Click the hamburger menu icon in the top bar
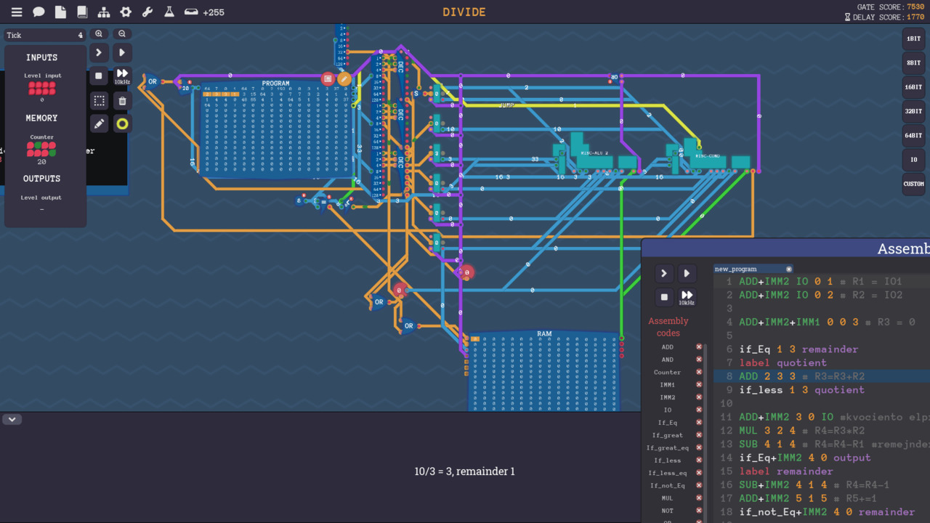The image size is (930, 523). click(x=16, y=12)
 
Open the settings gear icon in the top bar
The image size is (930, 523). click(x=126, y=12)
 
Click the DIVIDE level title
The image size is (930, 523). click(x=464, y=12)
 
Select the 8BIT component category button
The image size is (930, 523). click(x=913, y=62)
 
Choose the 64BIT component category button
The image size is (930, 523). click(x=913, y=135)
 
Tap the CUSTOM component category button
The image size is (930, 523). click(x=913, y=184)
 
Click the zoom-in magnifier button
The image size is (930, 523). click(x=99, y=34)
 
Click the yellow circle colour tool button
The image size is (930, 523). click(x=122, y=123)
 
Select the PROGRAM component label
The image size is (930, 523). click(x=275, y=84)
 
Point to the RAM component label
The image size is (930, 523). click(x=544, y=334)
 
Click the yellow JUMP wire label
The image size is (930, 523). click(x=507, y=105)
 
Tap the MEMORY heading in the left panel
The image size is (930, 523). click(x=42, y=118)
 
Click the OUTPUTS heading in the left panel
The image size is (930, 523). click(x=42, y=179)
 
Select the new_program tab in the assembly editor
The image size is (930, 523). click(x=735, y=269)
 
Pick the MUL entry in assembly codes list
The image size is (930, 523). click(x=668, y=498)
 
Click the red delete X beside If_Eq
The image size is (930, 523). click(x=699, y=422)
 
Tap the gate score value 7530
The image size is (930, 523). click(x=915, y=7)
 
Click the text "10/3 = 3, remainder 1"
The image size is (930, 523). click(x=464, y=471)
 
